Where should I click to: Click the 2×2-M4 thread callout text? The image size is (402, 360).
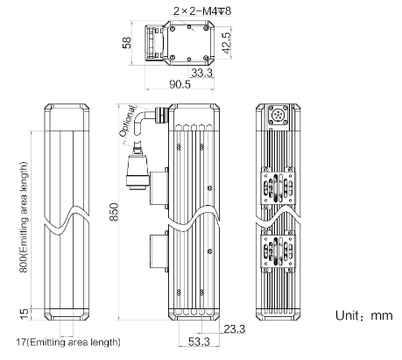coord(202,11)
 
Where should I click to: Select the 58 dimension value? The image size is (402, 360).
coord(127,43)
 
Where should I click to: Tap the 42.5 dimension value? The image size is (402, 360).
coord(226,43)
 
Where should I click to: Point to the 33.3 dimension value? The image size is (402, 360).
coord(202,73)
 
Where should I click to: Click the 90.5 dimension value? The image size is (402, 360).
coord(180,84)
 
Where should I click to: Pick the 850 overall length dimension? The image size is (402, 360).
coord(114,212)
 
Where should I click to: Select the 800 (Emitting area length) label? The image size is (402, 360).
coord(24,217)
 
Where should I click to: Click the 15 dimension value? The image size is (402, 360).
coord(25,314)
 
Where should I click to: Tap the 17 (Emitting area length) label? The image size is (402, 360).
coord(68,342)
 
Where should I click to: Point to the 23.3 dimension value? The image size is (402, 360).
coord(235,329)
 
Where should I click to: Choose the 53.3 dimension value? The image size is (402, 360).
coord(199,342)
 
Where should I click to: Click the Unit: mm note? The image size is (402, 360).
coord(364,315)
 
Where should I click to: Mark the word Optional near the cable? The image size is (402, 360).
coord(127,121)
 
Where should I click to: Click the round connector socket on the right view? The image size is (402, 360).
coord(278,114)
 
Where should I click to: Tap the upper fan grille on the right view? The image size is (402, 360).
coord(278,187)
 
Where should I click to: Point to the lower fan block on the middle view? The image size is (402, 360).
coord(159,251)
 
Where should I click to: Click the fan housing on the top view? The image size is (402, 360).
coord(154,43)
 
